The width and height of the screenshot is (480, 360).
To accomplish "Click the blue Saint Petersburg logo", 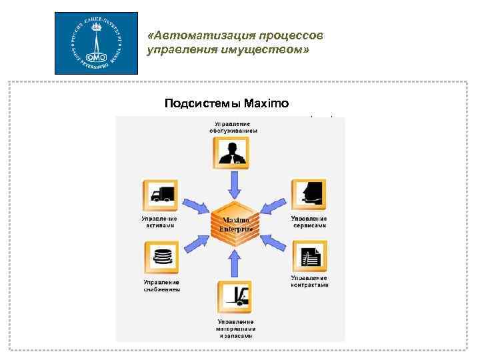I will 96,43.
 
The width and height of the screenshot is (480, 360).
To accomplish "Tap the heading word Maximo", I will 267,103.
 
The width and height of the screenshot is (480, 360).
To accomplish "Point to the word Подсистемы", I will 203,103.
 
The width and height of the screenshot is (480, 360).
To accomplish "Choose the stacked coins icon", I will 161,257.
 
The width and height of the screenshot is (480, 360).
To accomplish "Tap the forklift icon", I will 233,297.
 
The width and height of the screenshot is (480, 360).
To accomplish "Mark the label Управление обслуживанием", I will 233,127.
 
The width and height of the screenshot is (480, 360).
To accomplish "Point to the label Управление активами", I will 159,222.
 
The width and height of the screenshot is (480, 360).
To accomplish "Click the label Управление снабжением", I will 161,286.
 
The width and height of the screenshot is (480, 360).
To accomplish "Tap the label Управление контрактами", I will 309,281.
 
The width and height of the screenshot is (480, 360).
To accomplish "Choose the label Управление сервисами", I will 309,222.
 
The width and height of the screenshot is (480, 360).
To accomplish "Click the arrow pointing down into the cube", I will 233,183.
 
